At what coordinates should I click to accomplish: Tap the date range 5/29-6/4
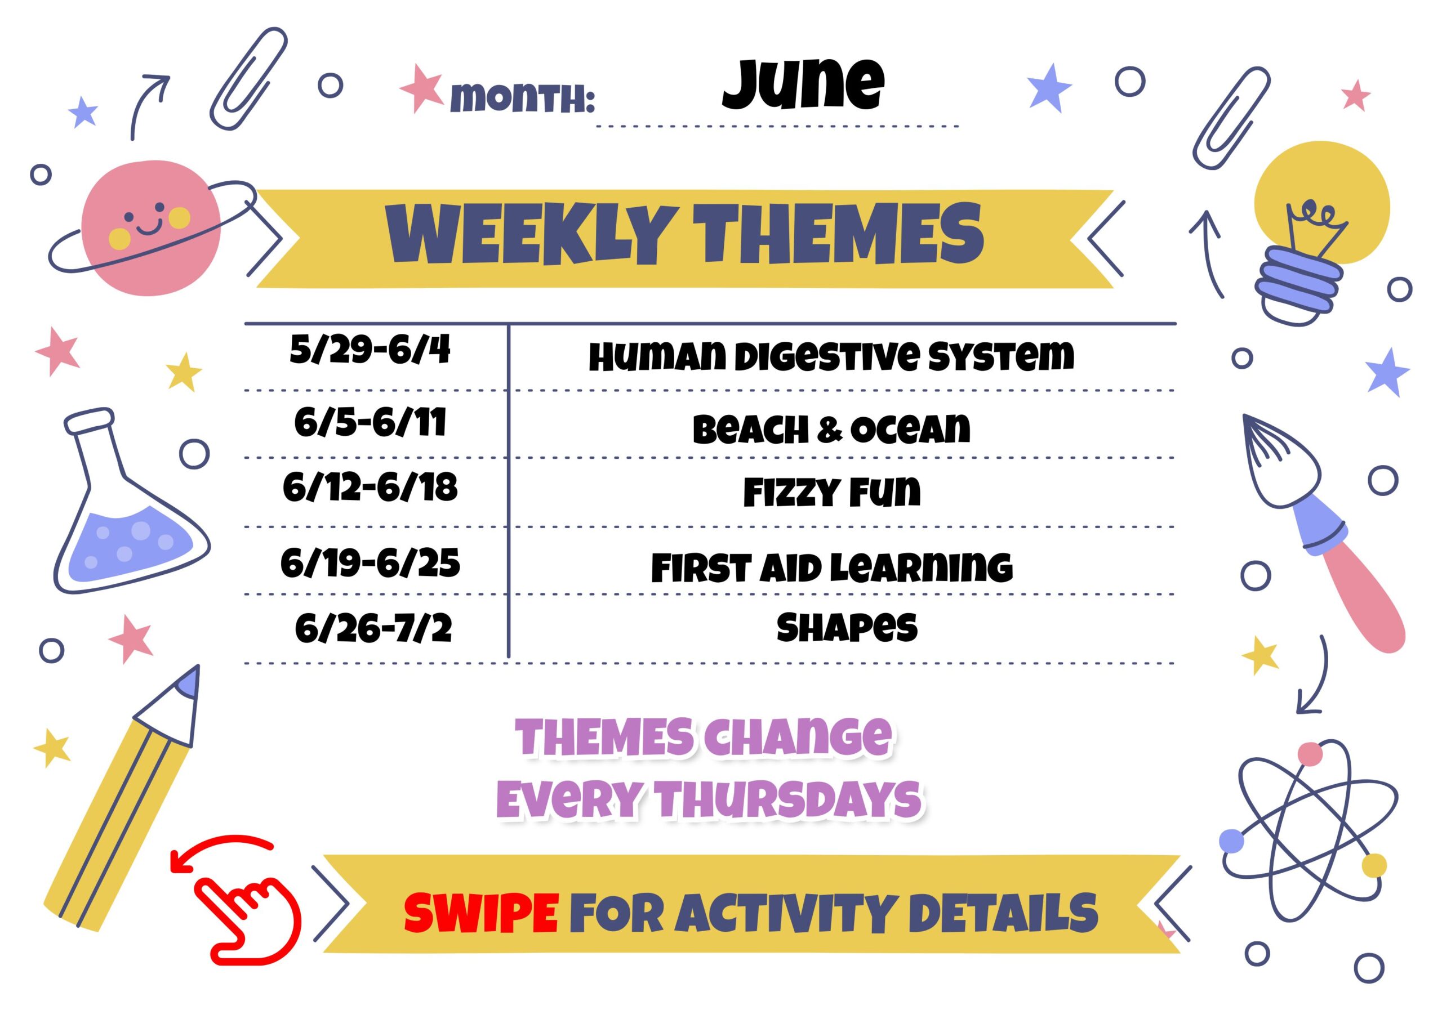pyautogui.click(x=370, y=349)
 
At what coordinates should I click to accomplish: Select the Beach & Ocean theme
pyautogui.click(x=831, y=430)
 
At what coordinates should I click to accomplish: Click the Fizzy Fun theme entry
pyautogui.click(x=831, y=491)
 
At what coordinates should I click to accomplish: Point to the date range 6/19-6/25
pyautogui.click(x=370, y=562)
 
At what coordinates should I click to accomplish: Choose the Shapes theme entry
pyautogui.click(x=847, y=627)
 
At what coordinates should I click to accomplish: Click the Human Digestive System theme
pyautogui.click(x=831, y=356)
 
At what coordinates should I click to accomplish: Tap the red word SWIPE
pyautogui.click(x=481, y=913)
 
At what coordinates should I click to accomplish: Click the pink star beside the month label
pyautogui.click(x=421, y=88)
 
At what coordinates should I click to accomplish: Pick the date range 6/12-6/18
pyautogui.click(x=370, y=488)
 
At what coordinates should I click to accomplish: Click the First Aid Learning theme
pyautogui.click(x=831, y=567)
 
